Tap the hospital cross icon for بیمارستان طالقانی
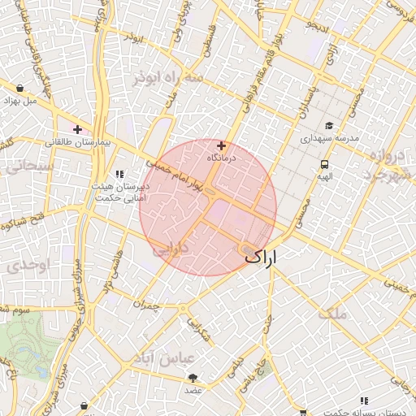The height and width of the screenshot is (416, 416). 78,128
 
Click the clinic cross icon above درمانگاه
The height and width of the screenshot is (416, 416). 221,145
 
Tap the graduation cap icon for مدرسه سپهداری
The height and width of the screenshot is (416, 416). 329,125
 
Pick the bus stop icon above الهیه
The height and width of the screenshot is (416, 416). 324,165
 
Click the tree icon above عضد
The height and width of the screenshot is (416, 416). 193,378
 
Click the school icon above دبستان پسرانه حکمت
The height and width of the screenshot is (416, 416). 364,400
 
